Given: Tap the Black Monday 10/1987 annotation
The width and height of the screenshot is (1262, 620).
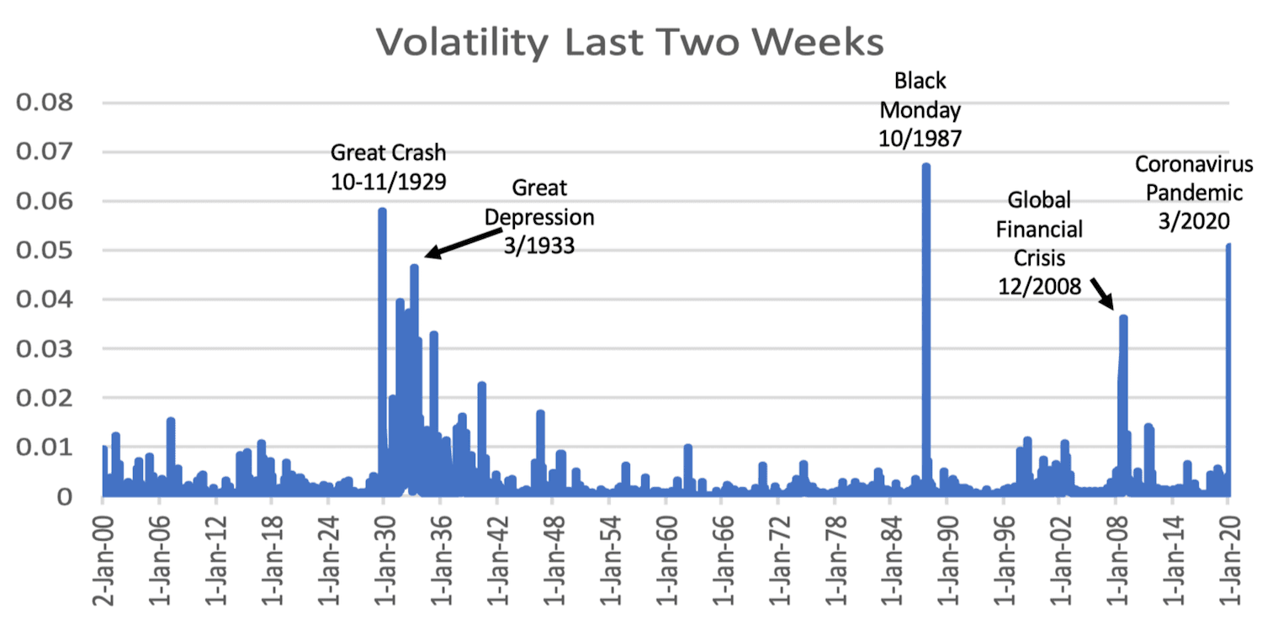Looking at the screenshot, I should coord(920,109).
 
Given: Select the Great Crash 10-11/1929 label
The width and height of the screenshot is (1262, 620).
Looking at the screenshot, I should coord(388,166).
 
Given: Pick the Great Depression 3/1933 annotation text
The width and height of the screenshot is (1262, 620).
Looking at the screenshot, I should coord(539,216).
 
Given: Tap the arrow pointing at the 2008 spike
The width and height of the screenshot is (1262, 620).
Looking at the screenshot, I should coord(1101,294).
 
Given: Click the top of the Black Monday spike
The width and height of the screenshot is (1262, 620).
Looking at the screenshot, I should coord(925,166).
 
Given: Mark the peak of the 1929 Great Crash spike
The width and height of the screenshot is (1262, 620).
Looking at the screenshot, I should coord(382,210).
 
